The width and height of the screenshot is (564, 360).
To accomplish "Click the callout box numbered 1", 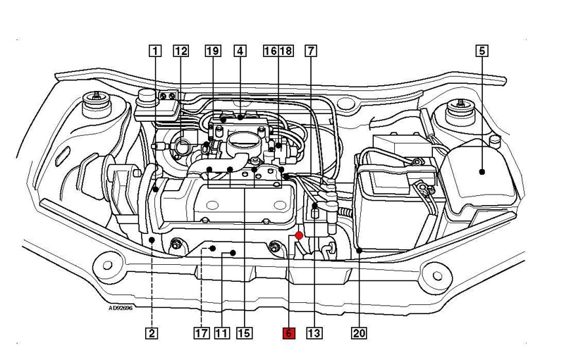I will (154, 51).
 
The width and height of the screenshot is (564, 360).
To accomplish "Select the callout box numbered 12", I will (180, 51).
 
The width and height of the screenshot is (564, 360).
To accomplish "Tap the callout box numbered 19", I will (213, 51).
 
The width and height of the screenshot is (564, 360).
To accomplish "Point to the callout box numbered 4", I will (240, 51).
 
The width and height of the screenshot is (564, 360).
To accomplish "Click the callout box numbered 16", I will (270, 51).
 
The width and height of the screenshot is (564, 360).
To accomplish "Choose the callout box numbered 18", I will (286, 51).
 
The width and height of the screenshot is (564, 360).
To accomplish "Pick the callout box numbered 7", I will (311, 51).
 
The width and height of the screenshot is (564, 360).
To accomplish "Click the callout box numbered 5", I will (482, 51).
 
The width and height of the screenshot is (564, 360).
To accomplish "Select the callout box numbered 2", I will (152, 333).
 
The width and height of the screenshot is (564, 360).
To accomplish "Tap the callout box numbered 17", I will (202, 333).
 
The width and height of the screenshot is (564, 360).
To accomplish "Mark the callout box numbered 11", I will (223, 333).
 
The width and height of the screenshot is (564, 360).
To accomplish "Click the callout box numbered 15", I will (245, 333).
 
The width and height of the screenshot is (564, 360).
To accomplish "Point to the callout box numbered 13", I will (314, 333).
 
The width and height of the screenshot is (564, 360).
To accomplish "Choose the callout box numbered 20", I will (360, 333).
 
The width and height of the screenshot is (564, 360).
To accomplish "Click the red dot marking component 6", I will (299, 235).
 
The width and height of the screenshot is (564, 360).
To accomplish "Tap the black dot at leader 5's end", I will (482, 170).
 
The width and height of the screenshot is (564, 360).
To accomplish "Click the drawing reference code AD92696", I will (121, 308).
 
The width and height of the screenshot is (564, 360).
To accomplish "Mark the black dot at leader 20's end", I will (360, 249).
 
